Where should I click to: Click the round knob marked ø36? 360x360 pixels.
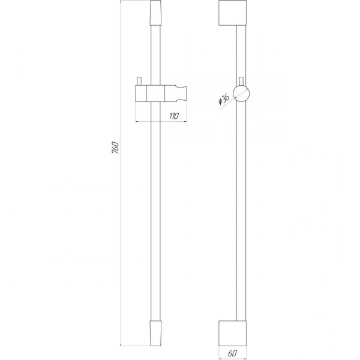pos(243,95)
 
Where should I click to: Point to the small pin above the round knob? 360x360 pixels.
pos(241,80)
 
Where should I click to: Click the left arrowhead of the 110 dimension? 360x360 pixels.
pos(138,121)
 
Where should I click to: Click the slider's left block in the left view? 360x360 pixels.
pos(143,94)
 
